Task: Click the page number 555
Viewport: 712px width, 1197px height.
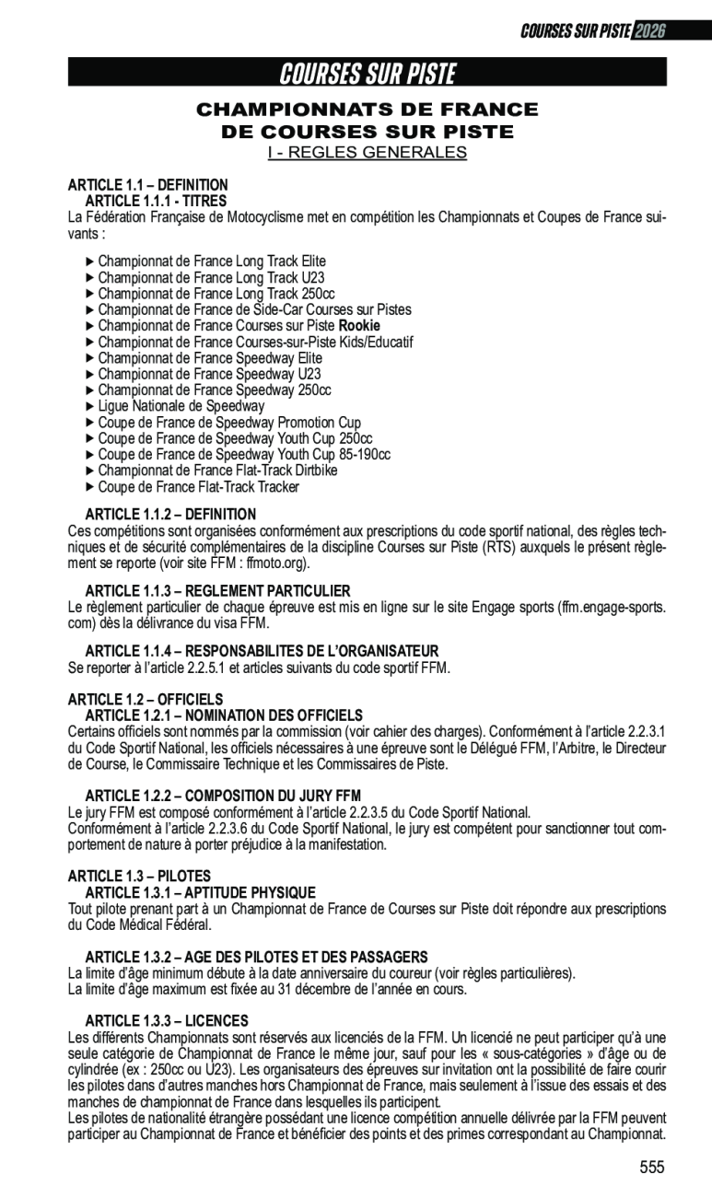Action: tap(651, 1168)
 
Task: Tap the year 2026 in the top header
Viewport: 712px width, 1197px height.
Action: tap(649, 30)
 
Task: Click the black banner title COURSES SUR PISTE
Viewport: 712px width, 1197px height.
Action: tap(368, 73)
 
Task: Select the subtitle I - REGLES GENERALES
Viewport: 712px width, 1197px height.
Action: tap(368, 153)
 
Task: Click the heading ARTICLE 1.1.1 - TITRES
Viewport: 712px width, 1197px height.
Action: tap(156, 201)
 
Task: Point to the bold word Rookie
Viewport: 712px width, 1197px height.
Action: tap(359, 326)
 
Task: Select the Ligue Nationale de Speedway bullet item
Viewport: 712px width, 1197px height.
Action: tap(181, 406)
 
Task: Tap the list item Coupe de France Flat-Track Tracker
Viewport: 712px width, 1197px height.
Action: tap(198, 487)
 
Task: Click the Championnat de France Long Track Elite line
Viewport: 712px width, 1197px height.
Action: tap(212, 261)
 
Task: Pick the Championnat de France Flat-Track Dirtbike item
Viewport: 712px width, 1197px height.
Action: tap(217, 471)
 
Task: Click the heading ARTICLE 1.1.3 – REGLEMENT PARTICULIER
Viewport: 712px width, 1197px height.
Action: tap(217, 590)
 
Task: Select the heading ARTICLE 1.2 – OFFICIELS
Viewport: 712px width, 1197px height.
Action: tap(146, 700)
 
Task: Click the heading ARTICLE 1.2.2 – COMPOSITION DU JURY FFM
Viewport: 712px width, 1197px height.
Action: tap(223, 796)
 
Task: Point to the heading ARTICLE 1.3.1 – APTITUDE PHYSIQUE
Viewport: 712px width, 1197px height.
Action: tap(200, 893)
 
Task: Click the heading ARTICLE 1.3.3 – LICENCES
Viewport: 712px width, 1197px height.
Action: tap(167, 1021)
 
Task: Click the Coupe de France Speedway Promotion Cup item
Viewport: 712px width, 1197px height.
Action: tap(229, 423)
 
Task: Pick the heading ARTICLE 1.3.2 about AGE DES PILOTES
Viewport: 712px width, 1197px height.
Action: tap(256, 958)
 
